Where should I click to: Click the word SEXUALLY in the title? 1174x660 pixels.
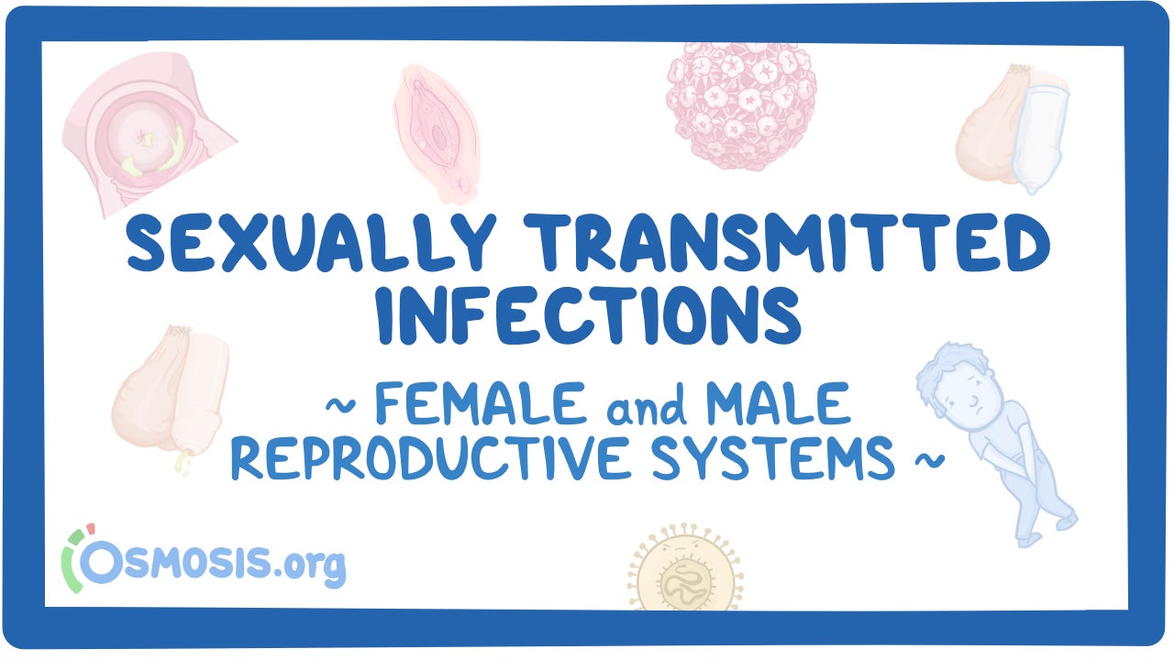[x=311, y=242]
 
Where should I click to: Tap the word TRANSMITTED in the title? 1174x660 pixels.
[x=787, y=242]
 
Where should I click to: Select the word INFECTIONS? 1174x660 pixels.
[x=589, y=314]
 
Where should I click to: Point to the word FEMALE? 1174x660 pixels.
[x=480, y=403]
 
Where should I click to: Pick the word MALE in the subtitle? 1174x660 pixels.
[x=778, y=403]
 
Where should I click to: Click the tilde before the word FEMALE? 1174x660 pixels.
[x=340, y=405]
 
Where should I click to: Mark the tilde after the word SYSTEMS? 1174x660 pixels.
[x=930, y=460]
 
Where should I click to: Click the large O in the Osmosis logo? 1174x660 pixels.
[x=101, y=562]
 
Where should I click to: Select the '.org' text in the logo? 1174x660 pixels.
[x=309, y=567]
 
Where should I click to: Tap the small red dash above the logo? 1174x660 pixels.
[x=91, y=529]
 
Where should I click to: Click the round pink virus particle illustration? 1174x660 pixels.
[x=741, y=105]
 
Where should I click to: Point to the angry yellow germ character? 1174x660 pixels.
[x=685, y=568]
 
